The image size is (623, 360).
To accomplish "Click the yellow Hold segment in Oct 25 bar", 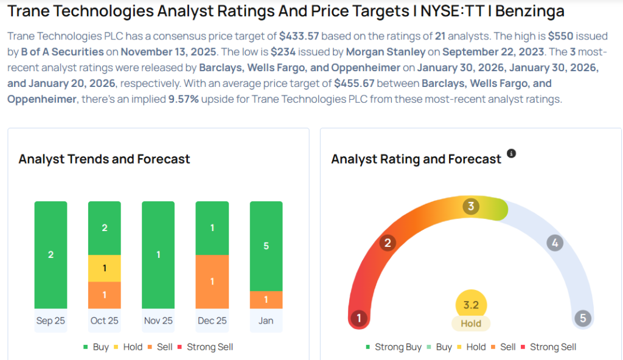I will (x=104, y=268).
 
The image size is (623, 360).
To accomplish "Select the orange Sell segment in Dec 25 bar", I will (x=212, y=282).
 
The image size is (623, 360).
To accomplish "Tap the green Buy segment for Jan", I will (x=266, y=246).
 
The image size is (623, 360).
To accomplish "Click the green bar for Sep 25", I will (x=50, y=254).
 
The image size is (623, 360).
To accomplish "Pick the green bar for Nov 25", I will (x=158, y=254).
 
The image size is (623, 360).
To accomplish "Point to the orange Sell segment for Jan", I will (x=266, y=299).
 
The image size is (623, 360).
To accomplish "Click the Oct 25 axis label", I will (x=104, y=320).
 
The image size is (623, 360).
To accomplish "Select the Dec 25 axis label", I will (x=212, y=320).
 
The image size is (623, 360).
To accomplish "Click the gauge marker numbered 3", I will (x=470, y=207).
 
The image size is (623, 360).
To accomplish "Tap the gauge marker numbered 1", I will (x=359, y=318).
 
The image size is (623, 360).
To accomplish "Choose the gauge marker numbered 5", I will (x=582, y=318).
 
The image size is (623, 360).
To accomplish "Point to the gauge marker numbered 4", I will (x=554, y=243).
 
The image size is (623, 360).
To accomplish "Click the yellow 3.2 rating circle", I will (x=471, y=305).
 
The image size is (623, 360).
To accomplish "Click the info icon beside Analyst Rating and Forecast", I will (x=511, y=154).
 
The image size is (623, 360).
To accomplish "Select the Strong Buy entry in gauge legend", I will (x=394, y=347).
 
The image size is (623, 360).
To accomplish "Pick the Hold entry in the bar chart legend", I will (x=127, y=347).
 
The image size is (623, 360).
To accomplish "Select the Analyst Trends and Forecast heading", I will (x=104, y=159).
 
